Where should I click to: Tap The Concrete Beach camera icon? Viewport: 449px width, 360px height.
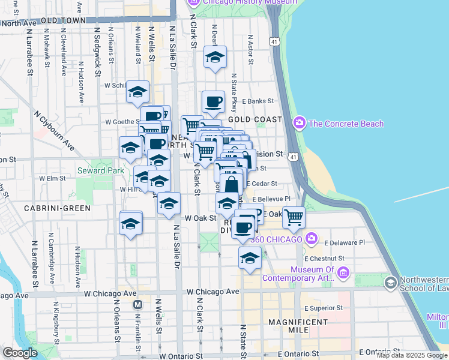(x=299, y=123)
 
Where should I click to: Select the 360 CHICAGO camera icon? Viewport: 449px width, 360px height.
(x=311, y=238)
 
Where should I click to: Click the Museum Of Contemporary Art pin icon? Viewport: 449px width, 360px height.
(x=344, y=274)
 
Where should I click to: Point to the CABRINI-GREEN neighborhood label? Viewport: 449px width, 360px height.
(x=57, y=208)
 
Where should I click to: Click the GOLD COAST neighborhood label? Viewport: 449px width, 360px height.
(x=255, y=119)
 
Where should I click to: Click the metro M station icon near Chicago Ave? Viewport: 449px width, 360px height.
(x=137, y=304)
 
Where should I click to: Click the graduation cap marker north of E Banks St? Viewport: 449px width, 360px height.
(x=215, y=57)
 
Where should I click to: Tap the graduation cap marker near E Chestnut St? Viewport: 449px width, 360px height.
(x=250, y=259)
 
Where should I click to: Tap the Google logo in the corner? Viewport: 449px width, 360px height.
(x=19, y=353)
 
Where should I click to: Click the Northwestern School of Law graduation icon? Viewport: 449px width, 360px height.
(x=391, y=282)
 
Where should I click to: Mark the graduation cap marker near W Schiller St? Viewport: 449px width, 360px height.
(x=137, y=92)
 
